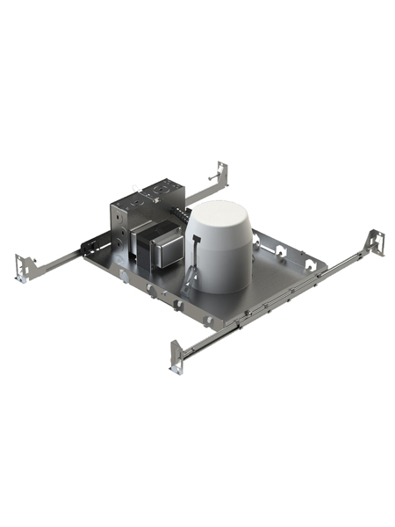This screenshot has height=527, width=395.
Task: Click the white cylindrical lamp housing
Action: pyautogui.click(x=219, y=250)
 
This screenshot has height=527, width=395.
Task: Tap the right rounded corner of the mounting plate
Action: pyautogui.click(x=327, y=263)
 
